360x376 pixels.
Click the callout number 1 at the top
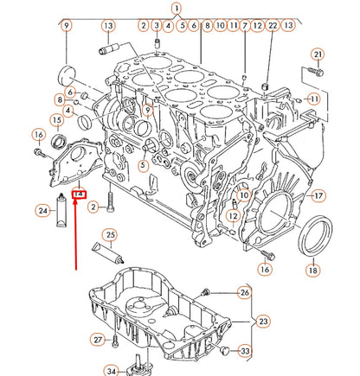[177, 9]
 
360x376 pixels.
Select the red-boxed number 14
[79, 197]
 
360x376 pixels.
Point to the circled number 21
[317, 56]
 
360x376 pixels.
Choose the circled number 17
[318, 195]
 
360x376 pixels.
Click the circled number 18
[312, 270]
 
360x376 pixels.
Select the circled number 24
[42, 210]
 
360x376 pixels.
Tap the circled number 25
[110, 234]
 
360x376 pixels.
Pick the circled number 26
[244, 293]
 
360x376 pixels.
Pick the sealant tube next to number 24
[62, 209]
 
